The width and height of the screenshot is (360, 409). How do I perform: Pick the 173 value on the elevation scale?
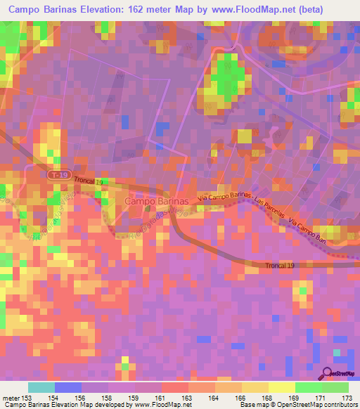pyautogui.click(x=346, y=397)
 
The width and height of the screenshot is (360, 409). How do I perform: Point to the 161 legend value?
pyautogui.click(x=162, y=397)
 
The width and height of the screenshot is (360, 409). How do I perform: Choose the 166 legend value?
pyautogui.click(x=240, y=397)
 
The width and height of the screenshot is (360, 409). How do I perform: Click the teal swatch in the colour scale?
pyautogui.click(x=41, y=387)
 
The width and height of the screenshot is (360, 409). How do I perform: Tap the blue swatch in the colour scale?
pyautogui.click(x=68, y=387)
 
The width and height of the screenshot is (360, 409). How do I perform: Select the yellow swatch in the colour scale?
pyautogui.click(x=255, y=387)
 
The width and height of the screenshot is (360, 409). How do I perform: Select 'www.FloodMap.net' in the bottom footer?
pyautogui.click(x=165, y=405)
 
